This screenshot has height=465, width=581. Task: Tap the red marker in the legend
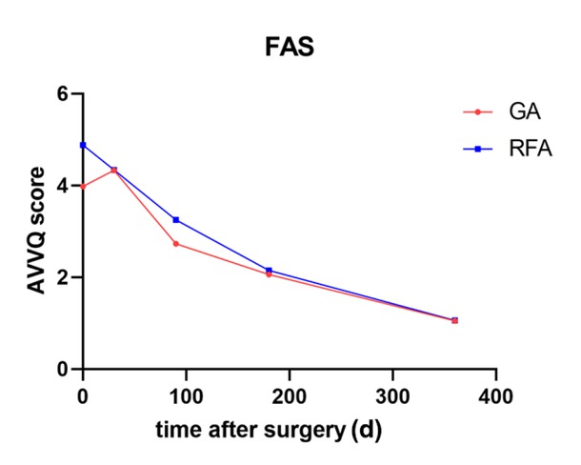pyautogui.click(x=478, y=112)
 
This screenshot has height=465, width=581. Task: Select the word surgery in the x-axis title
pyautogui.click(x=311, y=430)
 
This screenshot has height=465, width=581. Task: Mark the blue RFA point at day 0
pyautogui.click(x=84, y=145)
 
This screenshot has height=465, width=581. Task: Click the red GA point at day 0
pyautogui.click(x=84, y=186)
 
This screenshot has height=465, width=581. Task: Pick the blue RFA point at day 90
pyautogui.click(x=176, y=220)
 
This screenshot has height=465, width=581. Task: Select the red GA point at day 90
pyautogui.click(x=176, y=244)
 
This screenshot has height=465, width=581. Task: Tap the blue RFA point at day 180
pyautogui.click(x=270, y=271)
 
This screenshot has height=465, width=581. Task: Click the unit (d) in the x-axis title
pyautogui.click(x=368, y=429)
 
